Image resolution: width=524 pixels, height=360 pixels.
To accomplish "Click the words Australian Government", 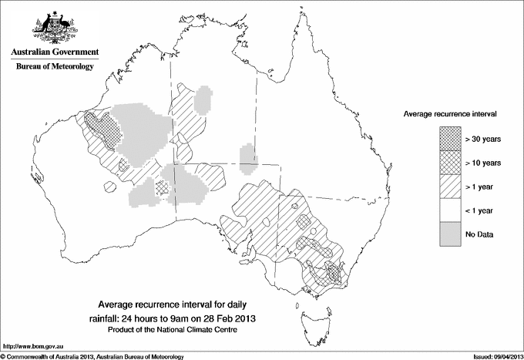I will [55, 52].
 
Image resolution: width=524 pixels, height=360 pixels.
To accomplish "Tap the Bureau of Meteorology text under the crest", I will [55, 67].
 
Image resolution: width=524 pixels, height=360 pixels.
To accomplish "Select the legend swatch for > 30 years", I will [449, 139].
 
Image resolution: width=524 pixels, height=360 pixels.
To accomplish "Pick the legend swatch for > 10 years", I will [449, 163].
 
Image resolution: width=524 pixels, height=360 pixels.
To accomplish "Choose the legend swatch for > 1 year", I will [449, 187].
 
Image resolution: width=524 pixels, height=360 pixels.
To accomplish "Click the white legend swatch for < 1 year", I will [449, 210].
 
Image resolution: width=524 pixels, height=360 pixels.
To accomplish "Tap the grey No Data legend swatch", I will [449, 234].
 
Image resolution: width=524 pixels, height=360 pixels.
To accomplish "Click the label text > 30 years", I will [483, 139].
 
